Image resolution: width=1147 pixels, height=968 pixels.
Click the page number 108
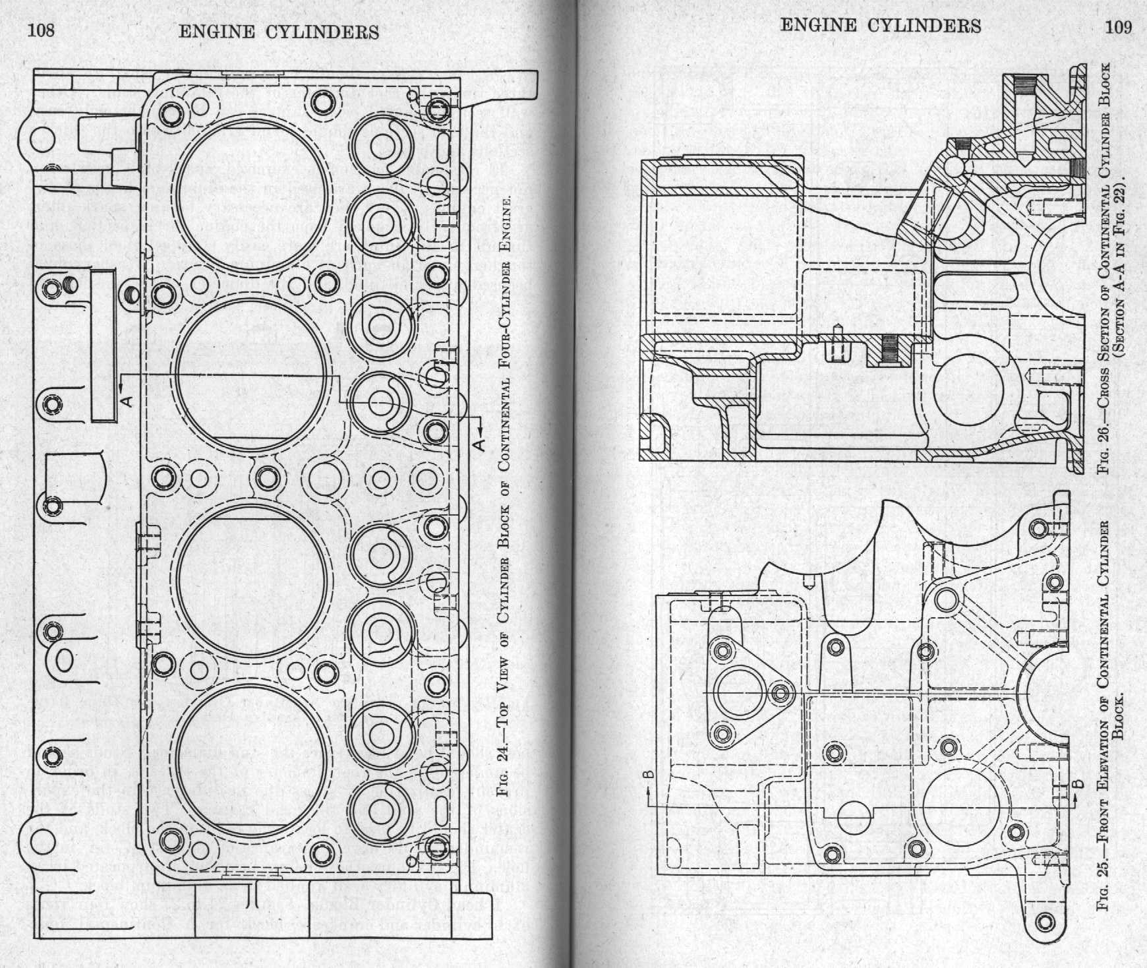[39, 30]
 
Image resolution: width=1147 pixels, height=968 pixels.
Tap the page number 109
[1119, 26]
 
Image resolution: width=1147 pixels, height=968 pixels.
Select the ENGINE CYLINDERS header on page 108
[279, 31]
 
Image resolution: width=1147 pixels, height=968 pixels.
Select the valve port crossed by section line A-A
[382, 401]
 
